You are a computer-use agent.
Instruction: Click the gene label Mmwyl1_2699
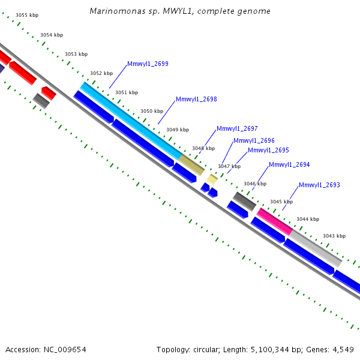tap(148, 64)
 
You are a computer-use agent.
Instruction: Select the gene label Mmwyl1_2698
tap(196, 99)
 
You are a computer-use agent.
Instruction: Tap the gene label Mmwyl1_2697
tap(237, 128)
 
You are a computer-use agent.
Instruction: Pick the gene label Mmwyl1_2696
tap(254, 140)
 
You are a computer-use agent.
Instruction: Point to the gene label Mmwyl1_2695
tap(268, 150)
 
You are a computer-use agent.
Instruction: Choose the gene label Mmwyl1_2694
tap(289, 164)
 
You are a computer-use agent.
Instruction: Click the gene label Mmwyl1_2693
tap(319, 185)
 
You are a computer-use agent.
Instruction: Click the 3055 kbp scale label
tap(27, 15)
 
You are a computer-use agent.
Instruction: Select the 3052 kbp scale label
tap(101, 73)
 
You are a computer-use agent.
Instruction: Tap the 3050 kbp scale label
tap(152, 111)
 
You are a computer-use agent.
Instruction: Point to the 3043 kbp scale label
tap(334, 236)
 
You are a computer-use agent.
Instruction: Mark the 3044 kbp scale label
tap(308, 219)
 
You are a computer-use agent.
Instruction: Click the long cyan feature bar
tap(131, 121)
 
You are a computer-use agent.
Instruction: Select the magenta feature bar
tap(275, 221)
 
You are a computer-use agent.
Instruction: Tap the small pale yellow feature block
tap(212, 179)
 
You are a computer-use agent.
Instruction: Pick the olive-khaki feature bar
tap(191, 165)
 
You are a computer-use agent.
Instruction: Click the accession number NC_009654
tap(65, 350)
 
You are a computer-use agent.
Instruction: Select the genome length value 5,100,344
tap(268, 350)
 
